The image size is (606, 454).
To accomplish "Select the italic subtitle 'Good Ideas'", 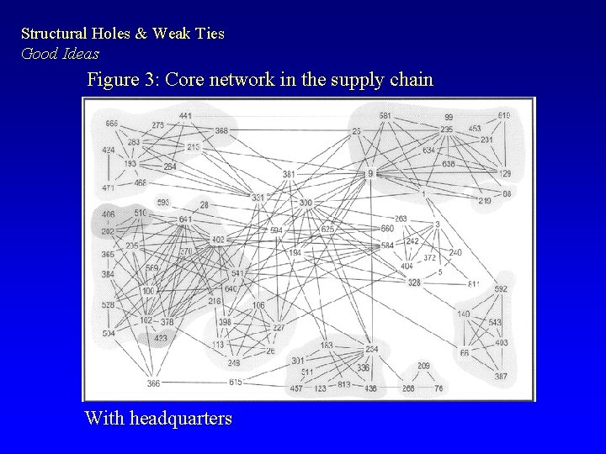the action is [x=60, y=53].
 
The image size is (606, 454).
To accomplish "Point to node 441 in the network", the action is [x=185, y=116].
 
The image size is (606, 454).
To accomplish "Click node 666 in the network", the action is [x=111, y=124].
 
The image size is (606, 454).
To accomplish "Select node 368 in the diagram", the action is [x=221, y=130].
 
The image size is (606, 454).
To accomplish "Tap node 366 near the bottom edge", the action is [x=153, y=383].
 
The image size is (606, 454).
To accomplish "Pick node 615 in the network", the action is [x=235, y=383].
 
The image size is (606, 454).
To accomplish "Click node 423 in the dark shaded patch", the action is [x=160, y=339].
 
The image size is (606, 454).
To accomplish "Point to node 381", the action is [x=289, y=174].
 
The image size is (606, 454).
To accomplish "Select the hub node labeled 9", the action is [x=369, y=173].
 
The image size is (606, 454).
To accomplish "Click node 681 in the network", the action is [x=385, y=115].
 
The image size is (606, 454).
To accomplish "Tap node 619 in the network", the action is [x=503, y=115].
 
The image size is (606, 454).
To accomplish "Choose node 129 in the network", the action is [x=505, y=173].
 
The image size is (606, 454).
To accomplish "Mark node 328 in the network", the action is [x=414, y=283].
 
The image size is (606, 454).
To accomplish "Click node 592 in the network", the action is [x=501, y=289].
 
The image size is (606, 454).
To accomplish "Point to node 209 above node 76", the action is [x=423, y=366].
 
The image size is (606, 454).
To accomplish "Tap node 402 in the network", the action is [x=218, y=240].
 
